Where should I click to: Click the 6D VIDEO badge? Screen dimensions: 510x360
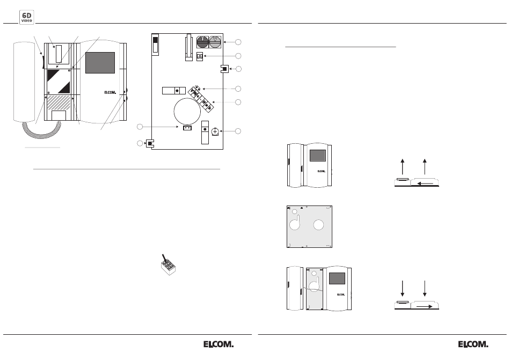[27, 17]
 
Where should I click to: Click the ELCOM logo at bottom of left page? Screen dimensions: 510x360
[218, 344]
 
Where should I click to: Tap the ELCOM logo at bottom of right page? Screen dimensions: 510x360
[473, 344]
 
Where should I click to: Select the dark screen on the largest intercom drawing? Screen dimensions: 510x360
[100, 63]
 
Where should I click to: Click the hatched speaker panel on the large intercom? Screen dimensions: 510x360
[59, 103]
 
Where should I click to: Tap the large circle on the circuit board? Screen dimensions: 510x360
[187, 112]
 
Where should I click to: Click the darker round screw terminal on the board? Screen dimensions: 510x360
[202, 42]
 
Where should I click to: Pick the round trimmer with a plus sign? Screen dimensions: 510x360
[215, 131]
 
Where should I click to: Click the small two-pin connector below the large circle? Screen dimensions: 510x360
[187, 128]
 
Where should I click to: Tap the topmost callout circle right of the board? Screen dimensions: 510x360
[238, 42]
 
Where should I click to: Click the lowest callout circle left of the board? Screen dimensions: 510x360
[140, 143]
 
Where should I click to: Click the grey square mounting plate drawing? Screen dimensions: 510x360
[309, 226]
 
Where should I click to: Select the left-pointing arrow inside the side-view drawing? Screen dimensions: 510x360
[425, 184]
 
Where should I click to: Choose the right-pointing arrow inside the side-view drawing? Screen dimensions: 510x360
[425, 306]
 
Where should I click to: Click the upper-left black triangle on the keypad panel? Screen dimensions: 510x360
[53, 75]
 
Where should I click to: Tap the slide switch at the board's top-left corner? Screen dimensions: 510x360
[155, 45]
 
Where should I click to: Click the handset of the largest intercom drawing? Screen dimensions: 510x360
[24, 82]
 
